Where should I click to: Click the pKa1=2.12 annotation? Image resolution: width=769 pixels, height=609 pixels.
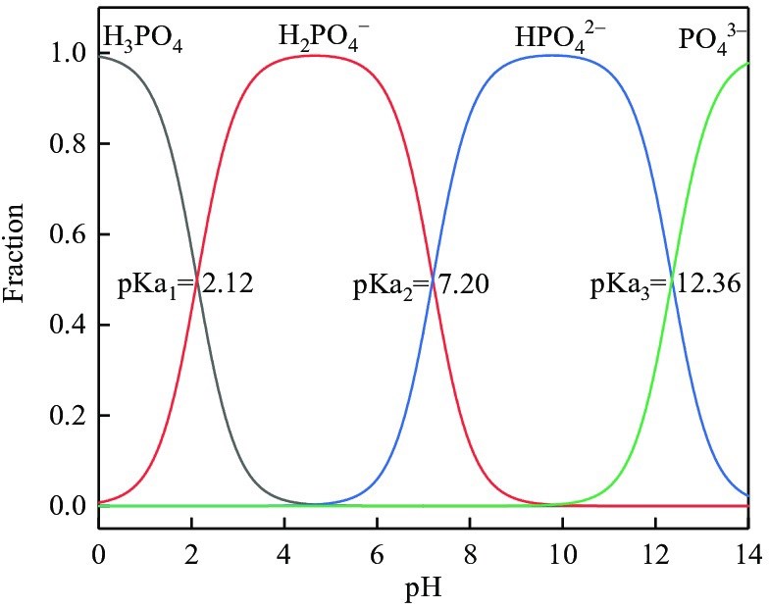pyautogui.click(x=185, y=288)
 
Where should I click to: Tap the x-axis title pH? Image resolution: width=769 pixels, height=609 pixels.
pyautogui.click(x=425, y=589)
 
